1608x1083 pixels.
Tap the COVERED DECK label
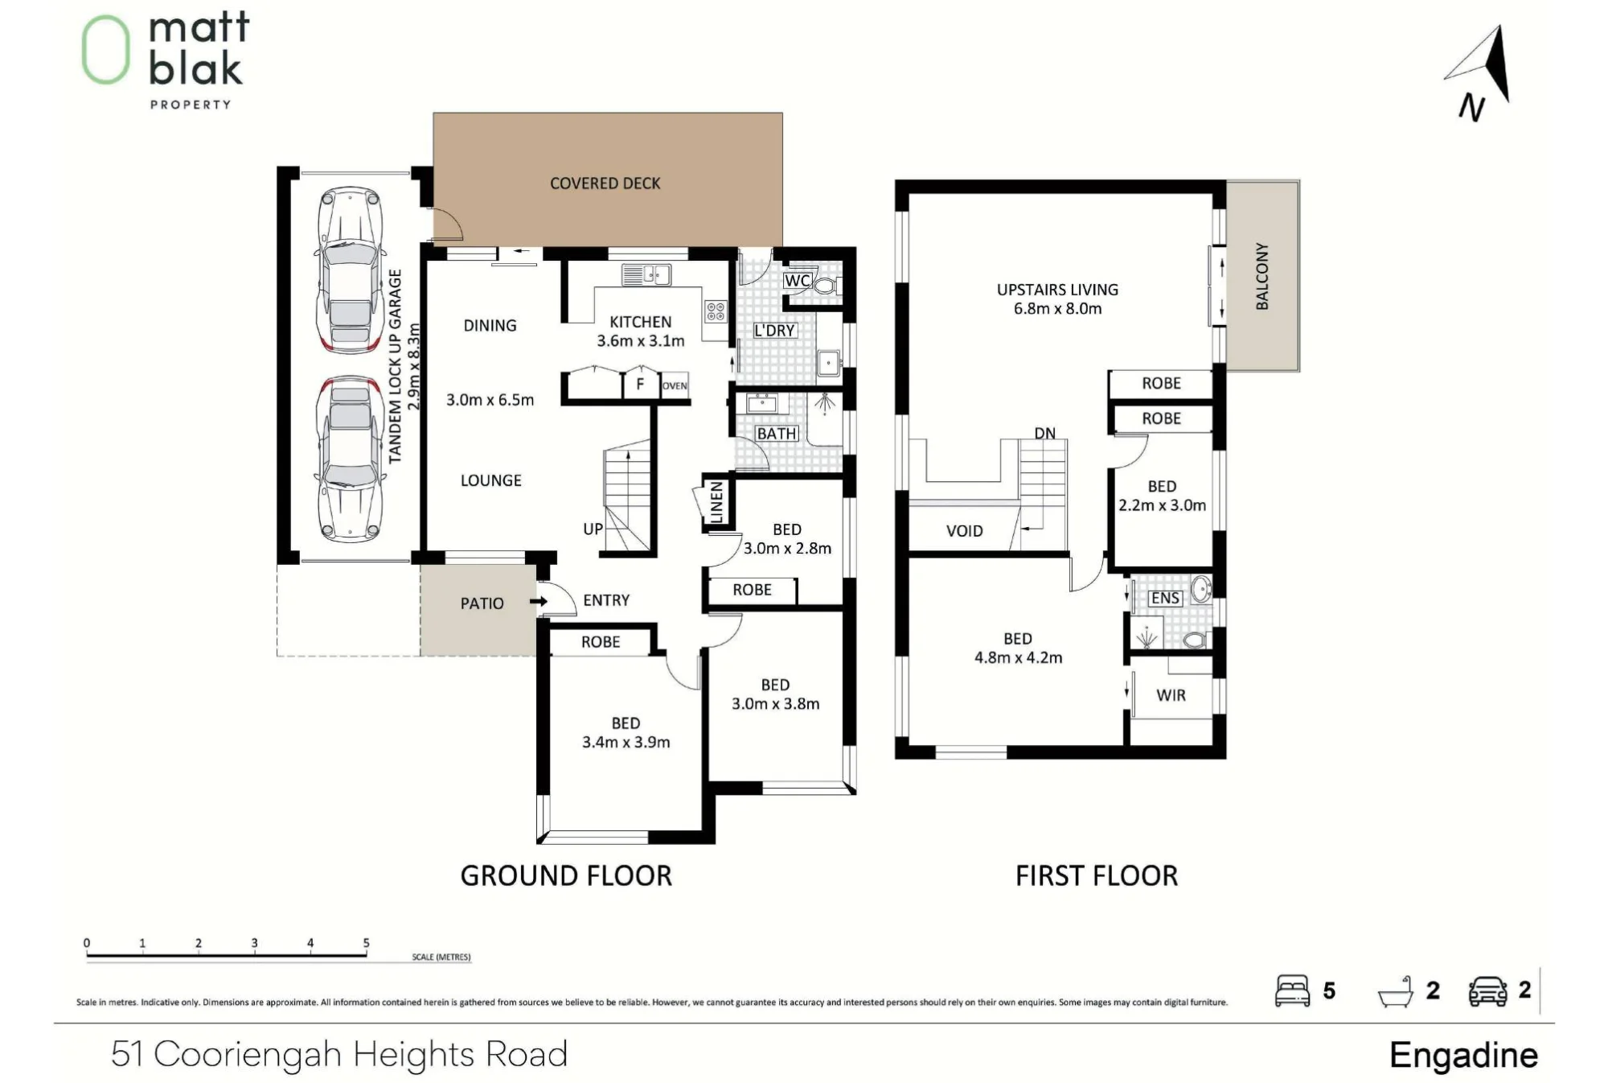605,183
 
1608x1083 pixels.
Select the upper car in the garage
349,270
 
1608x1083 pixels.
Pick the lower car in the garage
349,459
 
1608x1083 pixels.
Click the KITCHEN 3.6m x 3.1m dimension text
641,331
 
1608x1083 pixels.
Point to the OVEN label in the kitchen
675,385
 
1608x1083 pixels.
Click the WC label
797,281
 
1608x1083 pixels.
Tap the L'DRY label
774,331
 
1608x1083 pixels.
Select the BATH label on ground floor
777,434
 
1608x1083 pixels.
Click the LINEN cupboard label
716,502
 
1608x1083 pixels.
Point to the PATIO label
482,603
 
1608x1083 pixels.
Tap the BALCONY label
1262,276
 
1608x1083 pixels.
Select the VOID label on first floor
965,531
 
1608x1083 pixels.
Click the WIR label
1171,695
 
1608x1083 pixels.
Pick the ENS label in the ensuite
1165,598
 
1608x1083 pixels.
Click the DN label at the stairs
1045,434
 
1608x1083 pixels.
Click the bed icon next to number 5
1293,990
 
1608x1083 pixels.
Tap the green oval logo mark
105,50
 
